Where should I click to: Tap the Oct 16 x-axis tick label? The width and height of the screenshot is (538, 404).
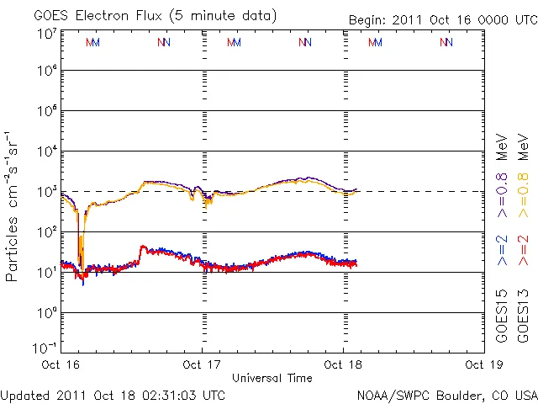tap(61, 365)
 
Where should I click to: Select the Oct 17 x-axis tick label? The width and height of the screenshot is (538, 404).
tap(202, 365)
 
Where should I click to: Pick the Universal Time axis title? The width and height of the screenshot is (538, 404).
tap(272, 378)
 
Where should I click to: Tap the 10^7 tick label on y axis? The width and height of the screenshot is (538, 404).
tap(47, 34)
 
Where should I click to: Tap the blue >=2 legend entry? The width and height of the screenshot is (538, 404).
tap(502, 249)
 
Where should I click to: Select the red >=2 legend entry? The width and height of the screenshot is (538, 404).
tap(523, 249)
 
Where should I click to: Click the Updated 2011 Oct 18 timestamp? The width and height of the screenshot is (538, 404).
tap(113, 394)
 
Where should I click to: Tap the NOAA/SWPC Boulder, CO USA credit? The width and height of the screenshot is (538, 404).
tap(446, 394)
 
